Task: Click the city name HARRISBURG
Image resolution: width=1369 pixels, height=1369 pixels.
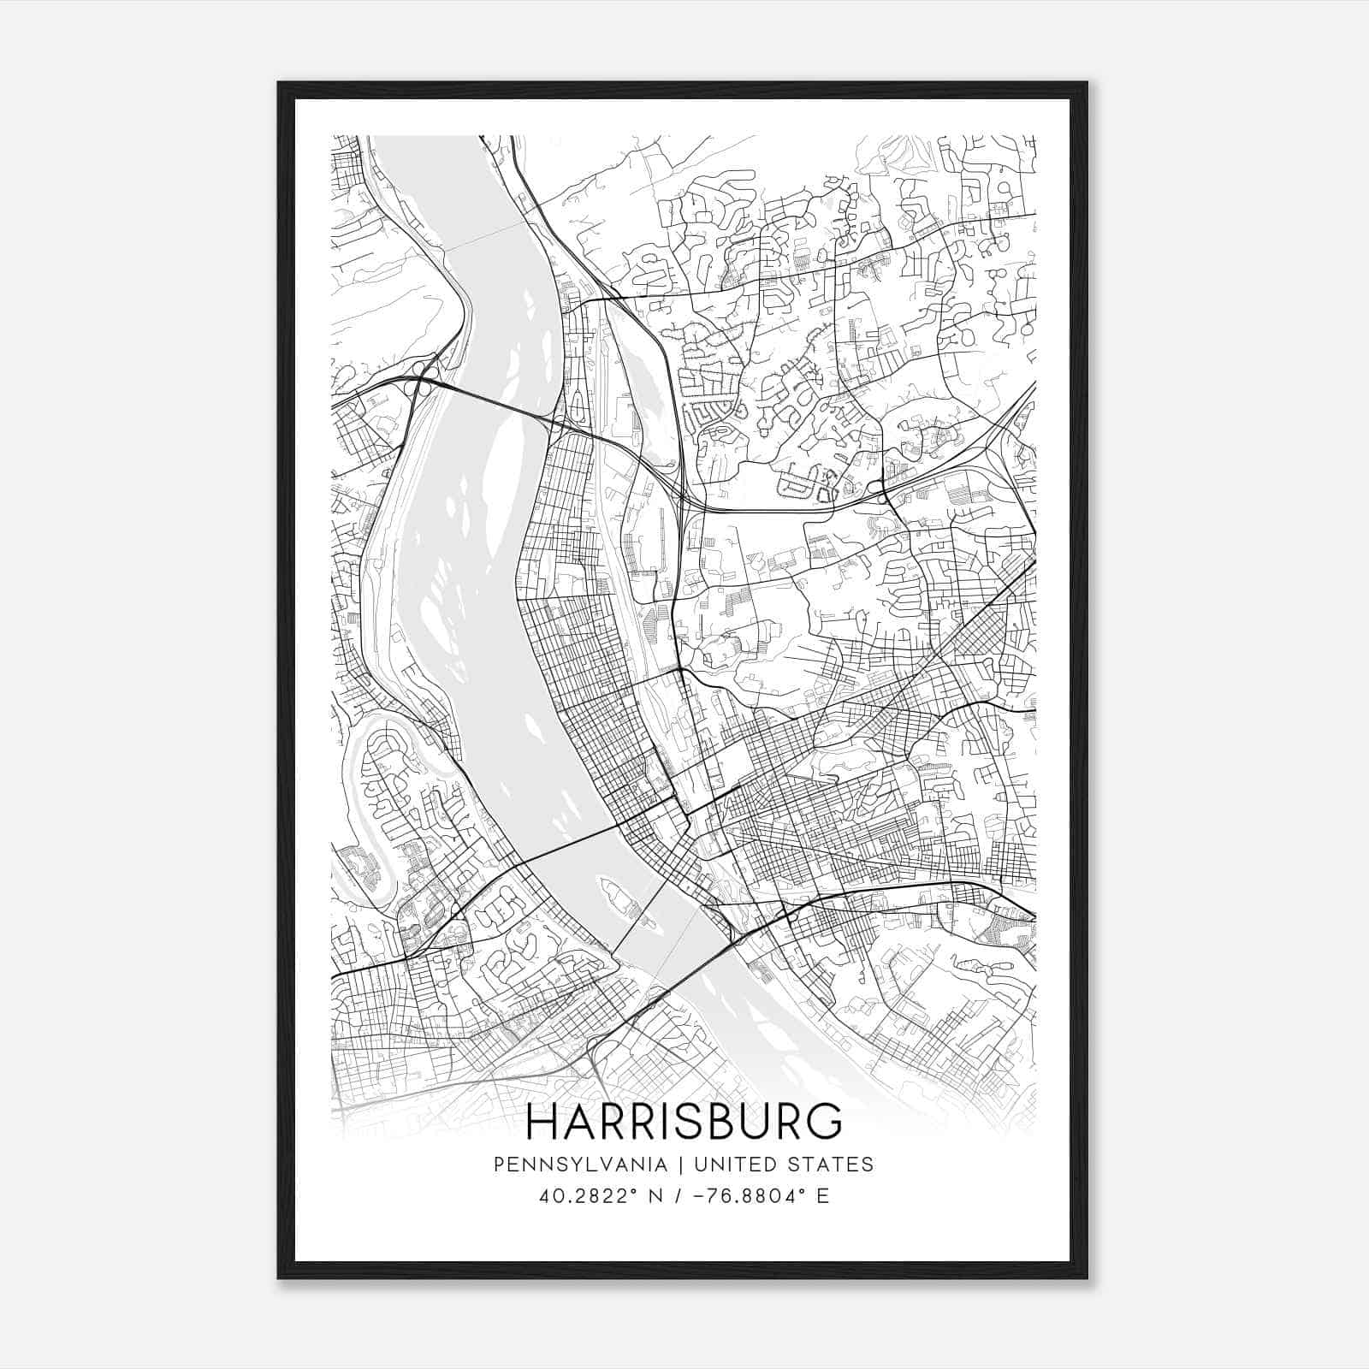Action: pos(684,1122)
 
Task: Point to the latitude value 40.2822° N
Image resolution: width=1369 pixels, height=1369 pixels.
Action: pos(591,1196)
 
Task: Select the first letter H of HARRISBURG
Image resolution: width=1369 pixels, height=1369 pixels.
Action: pos(543,1122)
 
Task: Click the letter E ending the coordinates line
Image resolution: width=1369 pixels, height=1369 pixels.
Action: pos(822,1196)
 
